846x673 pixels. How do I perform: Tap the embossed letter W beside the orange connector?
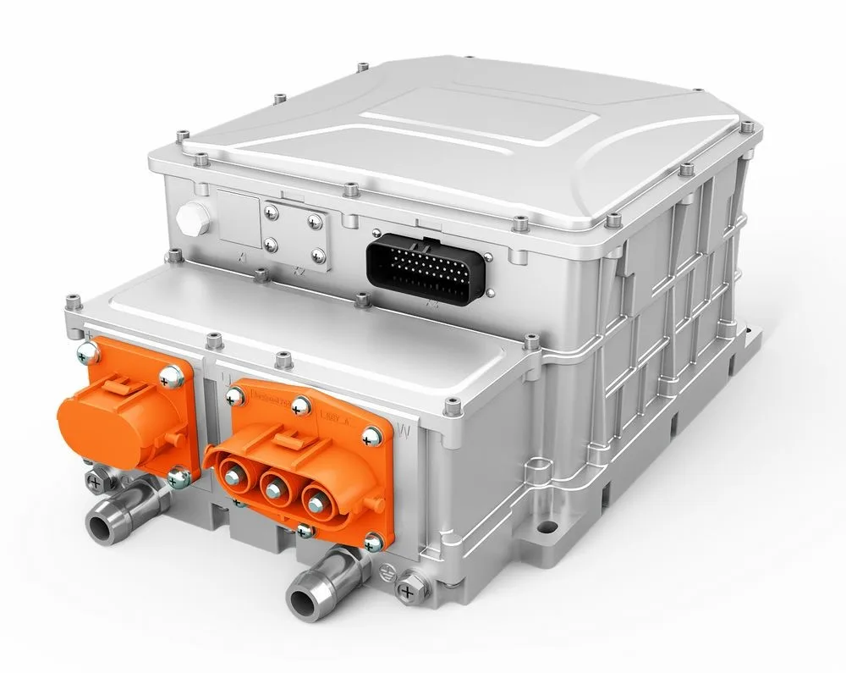(404, 432)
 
